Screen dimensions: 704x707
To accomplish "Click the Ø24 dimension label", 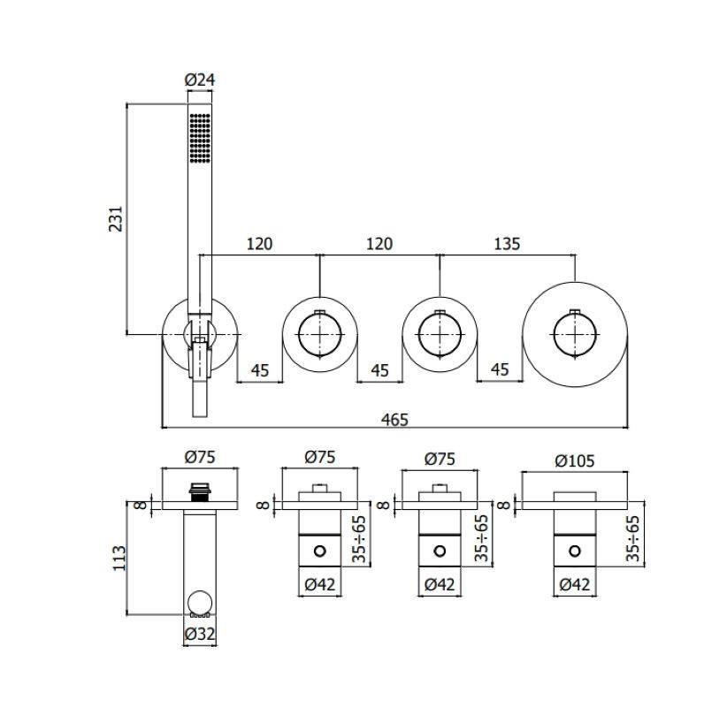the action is [200, 80].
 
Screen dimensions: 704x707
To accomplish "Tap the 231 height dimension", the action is [116, 218].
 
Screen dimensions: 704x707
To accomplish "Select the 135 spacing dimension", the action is [507, 244].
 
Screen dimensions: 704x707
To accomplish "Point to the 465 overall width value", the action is [394, 419].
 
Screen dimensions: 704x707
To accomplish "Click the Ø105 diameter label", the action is [575, 460].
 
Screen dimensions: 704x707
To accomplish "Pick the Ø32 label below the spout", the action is [200, 634].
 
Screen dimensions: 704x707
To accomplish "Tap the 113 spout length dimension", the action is [119, 559].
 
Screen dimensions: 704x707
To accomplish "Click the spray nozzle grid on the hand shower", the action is [200, 138].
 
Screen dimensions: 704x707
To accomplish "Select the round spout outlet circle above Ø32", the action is [200, 604].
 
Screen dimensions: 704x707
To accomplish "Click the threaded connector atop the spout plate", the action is [200, 492].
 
